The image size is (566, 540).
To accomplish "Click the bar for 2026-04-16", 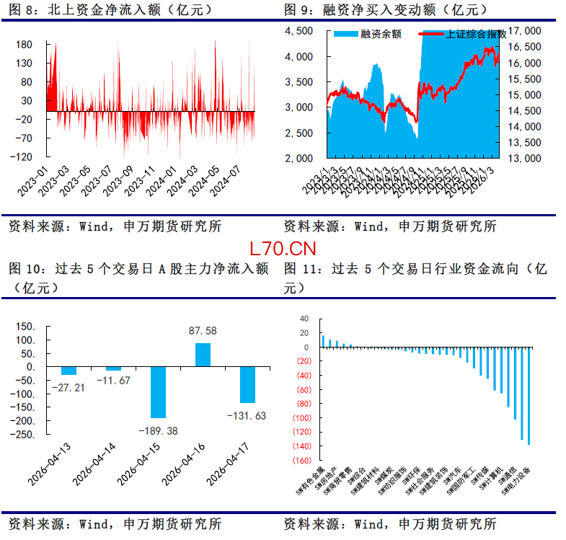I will point(203,355).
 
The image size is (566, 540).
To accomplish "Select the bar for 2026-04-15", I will point(157,392).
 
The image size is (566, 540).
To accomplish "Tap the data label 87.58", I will point(203,331).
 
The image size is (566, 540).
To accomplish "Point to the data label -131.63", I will point(247,415).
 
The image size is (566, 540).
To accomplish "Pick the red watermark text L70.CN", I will point(283,249).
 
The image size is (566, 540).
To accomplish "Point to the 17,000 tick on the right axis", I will point(524,31).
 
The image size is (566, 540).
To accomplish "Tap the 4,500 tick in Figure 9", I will point(299,31).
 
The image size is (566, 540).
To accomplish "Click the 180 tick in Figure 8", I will point(25,45).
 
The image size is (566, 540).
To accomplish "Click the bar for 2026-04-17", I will point(247,384).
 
